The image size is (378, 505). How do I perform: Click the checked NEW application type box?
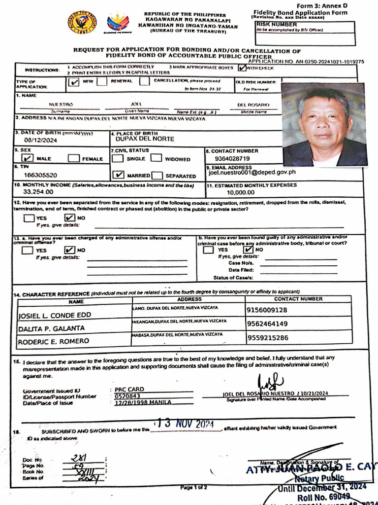pyautogui.click(x=73, y=83)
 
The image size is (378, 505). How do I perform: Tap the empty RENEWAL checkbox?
pyautogui.click(x=102, y=82)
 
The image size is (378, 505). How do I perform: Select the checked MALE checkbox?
pyautogui.click(x=28, y=158)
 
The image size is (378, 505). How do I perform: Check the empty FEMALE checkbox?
pyautogui.click(x=74, y=158)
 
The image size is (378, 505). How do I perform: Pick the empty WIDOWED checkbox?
pyautogui.click(x=157, y=158)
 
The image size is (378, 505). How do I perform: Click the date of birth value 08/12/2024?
pyautogui.click(x=31, y=140)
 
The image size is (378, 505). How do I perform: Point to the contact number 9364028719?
pyautogui.click(x=232, y=158)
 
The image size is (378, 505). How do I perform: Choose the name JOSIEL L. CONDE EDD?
pyautogui.click(x=55, y=315)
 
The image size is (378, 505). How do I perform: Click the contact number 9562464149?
pyautogui.click(x=267, y=324)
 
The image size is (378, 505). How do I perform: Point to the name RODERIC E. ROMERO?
pyautogui.click(x=54, y=341)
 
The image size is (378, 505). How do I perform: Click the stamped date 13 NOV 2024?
pyautogui.click(x=186, y=424)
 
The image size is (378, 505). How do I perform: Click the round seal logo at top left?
pyautogui.click(x=82, y=21)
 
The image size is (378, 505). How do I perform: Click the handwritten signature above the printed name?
pyautogui.click(x=271, y=383)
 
